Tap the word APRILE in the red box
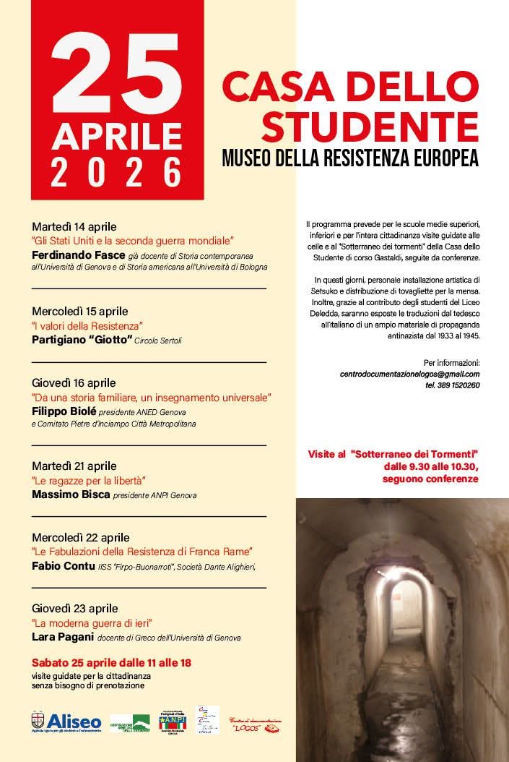tap(116, 136)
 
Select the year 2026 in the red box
tap(116, 173)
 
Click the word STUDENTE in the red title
tap(370, 126)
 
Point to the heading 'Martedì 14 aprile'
tap(74, 226)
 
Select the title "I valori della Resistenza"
tap(87, 326)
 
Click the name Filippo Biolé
tap(64, 411)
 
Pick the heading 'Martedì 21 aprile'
tap(74, 466)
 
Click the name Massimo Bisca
tap(71, 495)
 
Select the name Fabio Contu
tap(64, 566)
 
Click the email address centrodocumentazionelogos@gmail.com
tap(409, 374)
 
